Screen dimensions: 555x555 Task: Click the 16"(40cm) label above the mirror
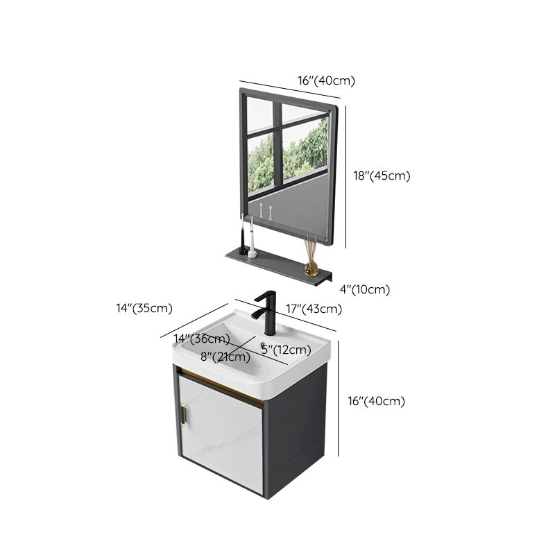[x=326, y=80]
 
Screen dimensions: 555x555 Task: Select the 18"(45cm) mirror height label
[x=382, y=176]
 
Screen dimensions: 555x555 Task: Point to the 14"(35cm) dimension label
[x=144, y=308]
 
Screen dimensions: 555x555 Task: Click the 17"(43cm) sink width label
[x=314, y=309]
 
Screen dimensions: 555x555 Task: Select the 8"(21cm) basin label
[x=225, y=357]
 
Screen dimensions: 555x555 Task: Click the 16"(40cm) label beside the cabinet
[x=376, y=400]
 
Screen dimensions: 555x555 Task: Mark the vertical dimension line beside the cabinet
[x=338, y=399]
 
